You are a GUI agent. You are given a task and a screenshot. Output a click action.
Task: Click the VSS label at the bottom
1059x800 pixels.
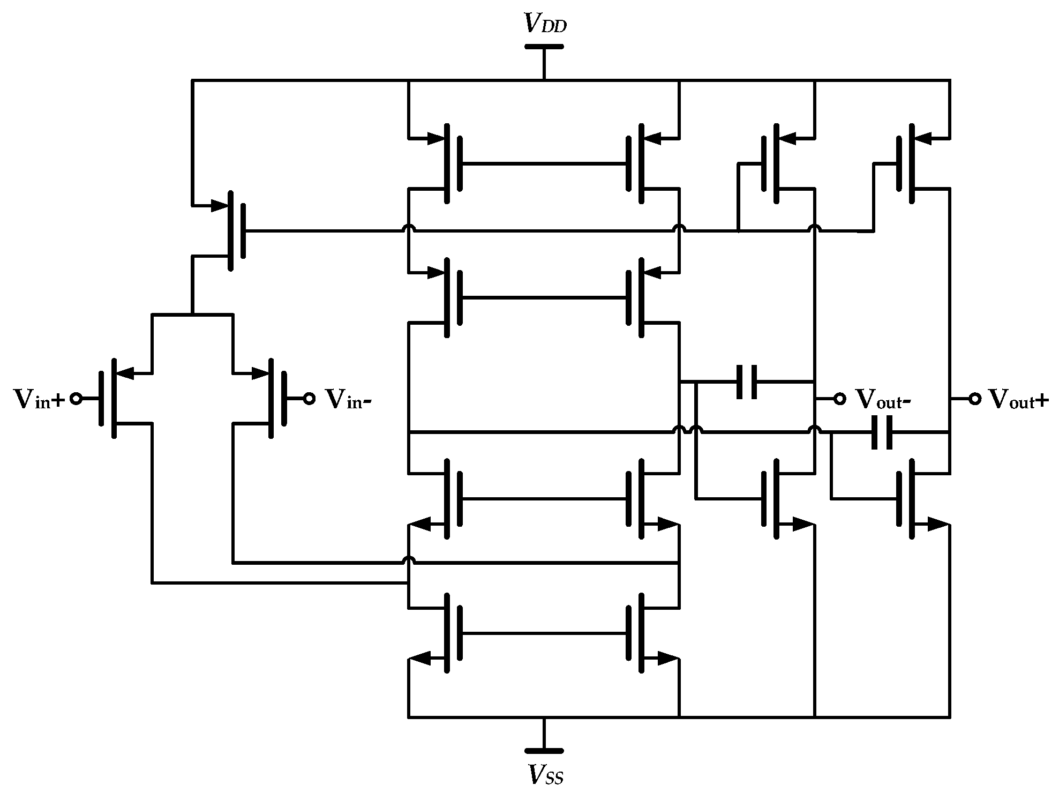(545, 775)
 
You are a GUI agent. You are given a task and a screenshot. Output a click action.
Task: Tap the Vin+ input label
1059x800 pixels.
(38, 399)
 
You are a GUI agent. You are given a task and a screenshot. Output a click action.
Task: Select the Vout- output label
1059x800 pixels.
(882, 399)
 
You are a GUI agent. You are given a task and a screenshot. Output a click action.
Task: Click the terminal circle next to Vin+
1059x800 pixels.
(76, 399)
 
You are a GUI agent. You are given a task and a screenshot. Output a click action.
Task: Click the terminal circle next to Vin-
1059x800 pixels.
(309, 399)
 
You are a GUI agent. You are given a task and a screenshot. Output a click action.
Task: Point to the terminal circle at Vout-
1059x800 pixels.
(839, 399)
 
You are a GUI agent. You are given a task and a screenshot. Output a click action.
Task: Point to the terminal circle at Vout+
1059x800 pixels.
(974, 399)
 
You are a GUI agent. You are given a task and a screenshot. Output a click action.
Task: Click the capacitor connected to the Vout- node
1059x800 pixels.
(747, 382)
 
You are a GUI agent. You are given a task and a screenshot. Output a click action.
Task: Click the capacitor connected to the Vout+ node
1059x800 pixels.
(882, 432)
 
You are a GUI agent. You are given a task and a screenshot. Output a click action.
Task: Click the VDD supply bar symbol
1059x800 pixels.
(544, 47)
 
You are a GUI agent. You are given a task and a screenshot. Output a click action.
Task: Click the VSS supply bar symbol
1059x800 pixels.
(544, 750)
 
